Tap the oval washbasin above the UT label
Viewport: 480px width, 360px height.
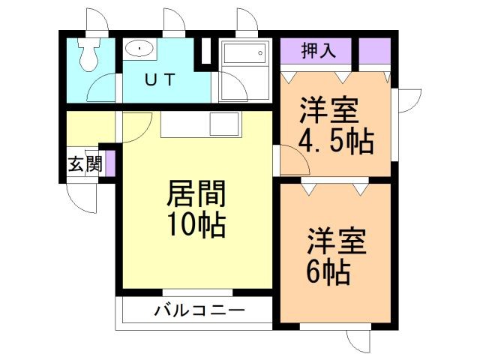pyautogui.click(x=139, y=49)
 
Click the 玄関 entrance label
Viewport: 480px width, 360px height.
pyautogui.click(x=85, y=165)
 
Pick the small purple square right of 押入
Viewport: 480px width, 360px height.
pyautogui.click(x=373, y=51)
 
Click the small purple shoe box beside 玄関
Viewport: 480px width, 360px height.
pyautogui.click(x=109, y=163)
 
